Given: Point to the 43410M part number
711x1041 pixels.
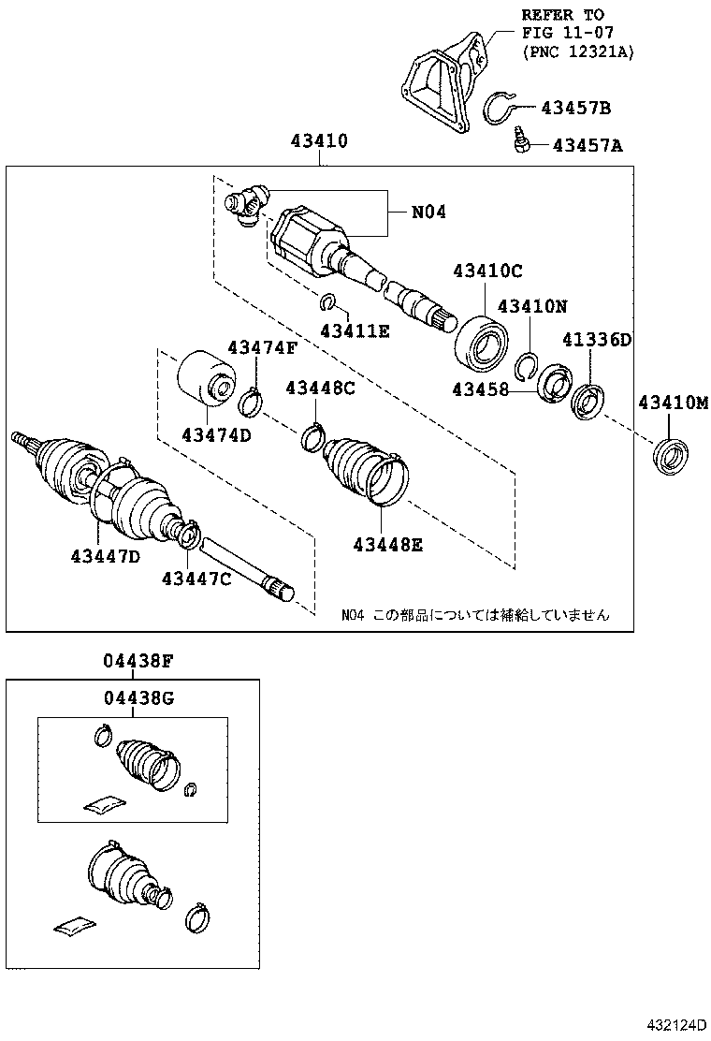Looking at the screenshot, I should point(674,403).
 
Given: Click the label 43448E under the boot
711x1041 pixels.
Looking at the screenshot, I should point(387,544).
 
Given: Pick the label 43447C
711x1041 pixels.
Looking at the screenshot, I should point(196,579).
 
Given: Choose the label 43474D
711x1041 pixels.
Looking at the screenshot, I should point(215,435).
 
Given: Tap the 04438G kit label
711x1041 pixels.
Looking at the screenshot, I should point(138,697).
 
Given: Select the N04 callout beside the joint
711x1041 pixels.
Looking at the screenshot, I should point(428,213).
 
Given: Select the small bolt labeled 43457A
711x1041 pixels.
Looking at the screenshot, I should point(520,142).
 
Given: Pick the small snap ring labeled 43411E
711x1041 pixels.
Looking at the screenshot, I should point(328,301).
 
